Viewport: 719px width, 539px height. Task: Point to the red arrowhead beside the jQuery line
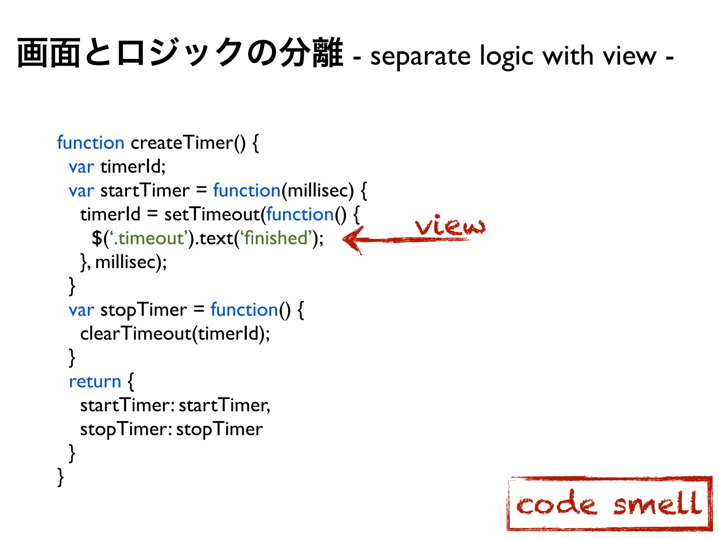pyautogui.click(x=352, y=240)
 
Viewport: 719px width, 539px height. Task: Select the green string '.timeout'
pyautogui.click(x=149, y=238)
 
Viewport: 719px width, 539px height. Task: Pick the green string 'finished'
pyautogui.click(x=276, y=238)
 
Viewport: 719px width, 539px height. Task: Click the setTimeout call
pyautogui.click(x=212, y=214)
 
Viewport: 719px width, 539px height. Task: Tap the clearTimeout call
pyautogui.click(x=136, y=333)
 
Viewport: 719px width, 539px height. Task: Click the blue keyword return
pyautogui.click(x=95, y=381)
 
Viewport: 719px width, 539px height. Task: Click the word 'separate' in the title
pyautogui.click(x=420, y=56)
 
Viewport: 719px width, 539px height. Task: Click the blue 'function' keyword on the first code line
pyautogui.click(x=91, y=143)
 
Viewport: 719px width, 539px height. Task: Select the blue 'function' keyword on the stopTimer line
pyautogui.click(x=244, y=310)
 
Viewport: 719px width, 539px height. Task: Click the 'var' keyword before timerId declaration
pyautogui.click(x=81, y=167)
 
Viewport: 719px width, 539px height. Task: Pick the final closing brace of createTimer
pyautogui.click(x=60, y=477)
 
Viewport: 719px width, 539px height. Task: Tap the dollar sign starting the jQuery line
pyautogui.click(x=97, y=238)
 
